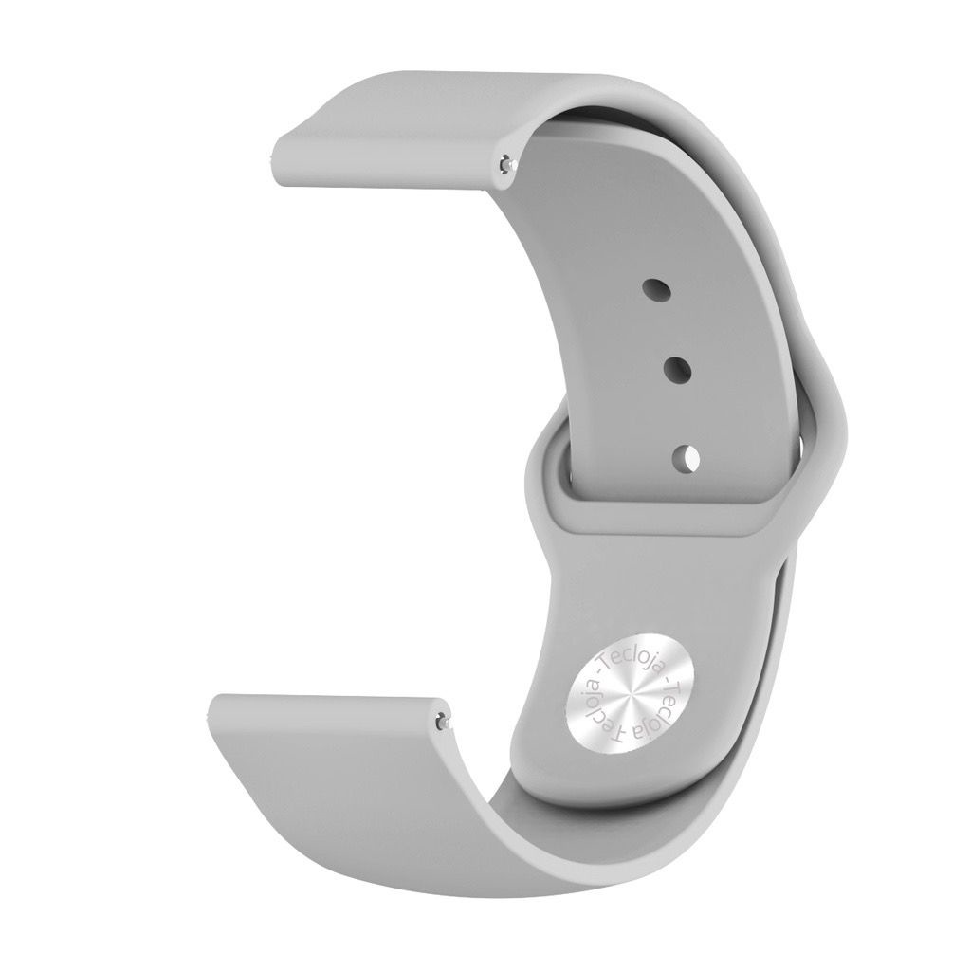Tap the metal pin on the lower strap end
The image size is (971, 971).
[441, 721]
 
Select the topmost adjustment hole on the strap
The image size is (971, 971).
[657, 288]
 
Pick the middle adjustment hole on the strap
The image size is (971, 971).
[677, 370]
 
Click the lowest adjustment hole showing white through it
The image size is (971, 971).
[687, 459]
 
